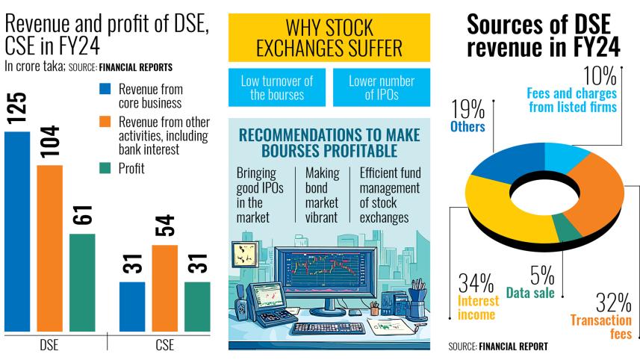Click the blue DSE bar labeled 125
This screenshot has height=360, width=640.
[17, 232]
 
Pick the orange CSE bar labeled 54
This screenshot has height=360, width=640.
[165, 288]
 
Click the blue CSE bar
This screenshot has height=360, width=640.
[132, 306]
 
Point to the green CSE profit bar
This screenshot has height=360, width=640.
[197, 306]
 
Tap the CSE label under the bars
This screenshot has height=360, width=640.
[165, 346]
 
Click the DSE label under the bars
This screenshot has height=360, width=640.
[49, 346]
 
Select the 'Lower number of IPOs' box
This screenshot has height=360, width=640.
[370, 88]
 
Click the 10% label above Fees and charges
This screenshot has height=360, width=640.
[600, 76]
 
